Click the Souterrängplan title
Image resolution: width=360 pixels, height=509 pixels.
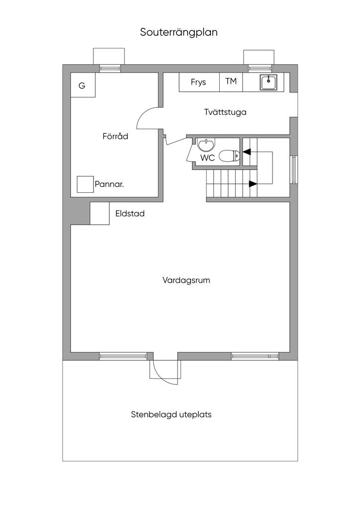179,33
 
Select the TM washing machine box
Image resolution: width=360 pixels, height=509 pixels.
231,82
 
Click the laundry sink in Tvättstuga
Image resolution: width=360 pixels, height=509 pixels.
268,82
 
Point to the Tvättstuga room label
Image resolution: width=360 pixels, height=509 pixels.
225,112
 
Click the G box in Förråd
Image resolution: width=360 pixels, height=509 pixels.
83,85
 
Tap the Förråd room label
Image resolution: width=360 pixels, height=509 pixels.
115,136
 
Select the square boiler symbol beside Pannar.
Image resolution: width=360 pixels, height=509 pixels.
85,184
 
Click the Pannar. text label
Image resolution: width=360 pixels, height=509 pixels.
109,185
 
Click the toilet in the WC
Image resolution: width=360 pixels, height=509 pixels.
230,156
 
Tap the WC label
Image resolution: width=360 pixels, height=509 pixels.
208,158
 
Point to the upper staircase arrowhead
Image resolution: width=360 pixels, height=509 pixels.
247,152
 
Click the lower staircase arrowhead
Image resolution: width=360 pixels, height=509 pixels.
253,184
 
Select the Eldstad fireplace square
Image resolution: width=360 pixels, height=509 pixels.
99,213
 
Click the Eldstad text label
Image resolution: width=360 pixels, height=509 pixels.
130,214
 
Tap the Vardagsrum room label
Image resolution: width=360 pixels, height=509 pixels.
186,280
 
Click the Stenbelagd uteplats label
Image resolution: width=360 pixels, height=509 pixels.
171,415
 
